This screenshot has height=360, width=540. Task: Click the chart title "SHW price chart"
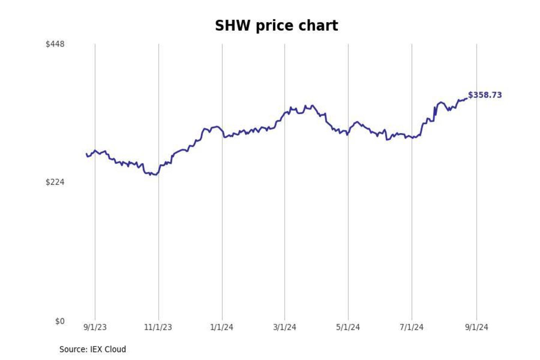coord(276,26)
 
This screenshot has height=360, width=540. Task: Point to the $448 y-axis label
coord(55,44)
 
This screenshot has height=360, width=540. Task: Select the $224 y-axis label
coord(55,182)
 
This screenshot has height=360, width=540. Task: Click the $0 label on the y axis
coord(60,321)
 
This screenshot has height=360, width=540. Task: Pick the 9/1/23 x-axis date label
coord(95,327)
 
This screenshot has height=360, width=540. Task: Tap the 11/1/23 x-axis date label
coord(158,327)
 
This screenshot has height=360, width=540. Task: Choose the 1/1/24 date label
coord(222,327)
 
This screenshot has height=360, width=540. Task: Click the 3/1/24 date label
coord(285,327)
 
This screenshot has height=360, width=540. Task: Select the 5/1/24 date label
coord(348,327)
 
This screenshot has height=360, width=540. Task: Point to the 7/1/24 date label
coord(411,327)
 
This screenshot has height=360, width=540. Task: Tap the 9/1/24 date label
coord(477,327)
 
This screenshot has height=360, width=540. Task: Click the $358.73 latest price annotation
coord(485,95)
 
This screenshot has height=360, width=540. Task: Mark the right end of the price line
coord(467,99)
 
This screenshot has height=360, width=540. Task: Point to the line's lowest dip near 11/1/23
coord(156,175)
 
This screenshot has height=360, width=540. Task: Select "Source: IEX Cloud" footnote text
coord(93,349)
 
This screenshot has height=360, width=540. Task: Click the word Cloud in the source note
coord(115,349)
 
